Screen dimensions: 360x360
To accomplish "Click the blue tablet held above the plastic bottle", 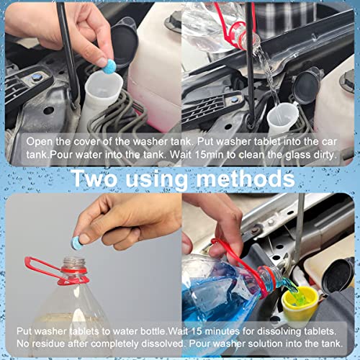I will tap(85, 237).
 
